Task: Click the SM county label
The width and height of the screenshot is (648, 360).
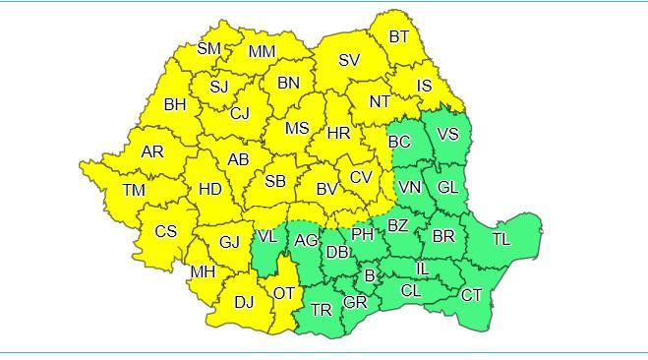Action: [209, 48]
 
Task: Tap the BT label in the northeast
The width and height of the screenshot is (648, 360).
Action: [399, 37]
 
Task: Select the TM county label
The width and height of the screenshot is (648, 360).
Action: [134, 190]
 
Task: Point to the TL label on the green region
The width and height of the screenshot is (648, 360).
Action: [501, 239]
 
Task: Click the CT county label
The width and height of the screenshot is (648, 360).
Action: [472, 295]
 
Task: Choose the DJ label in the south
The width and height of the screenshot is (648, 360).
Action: [244, 302]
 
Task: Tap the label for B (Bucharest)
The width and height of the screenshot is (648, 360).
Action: [370, 276]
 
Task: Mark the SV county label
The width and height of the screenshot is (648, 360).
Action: [349, 60]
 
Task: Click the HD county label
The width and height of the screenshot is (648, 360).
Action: [209, 189]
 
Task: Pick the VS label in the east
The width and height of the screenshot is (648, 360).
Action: [447, 134]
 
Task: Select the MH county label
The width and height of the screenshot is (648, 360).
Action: [203, 271]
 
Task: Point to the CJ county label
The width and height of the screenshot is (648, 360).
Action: [240, 113]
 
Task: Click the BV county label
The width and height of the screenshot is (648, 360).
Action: [326, 189]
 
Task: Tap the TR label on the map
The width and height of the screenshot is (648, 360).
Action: [322, 310]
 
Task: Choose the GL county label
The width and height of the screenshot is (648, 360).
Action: [447, 187]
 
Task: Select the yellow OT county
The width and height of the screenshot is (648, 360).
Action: [284, 293]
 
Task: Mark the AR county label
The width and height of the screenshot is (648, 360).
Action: [152, 151]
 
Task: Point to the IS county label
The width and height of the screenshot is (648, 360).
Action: [424, 86]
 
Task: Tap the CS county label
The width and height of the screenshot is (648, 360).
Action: [166, 232]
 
